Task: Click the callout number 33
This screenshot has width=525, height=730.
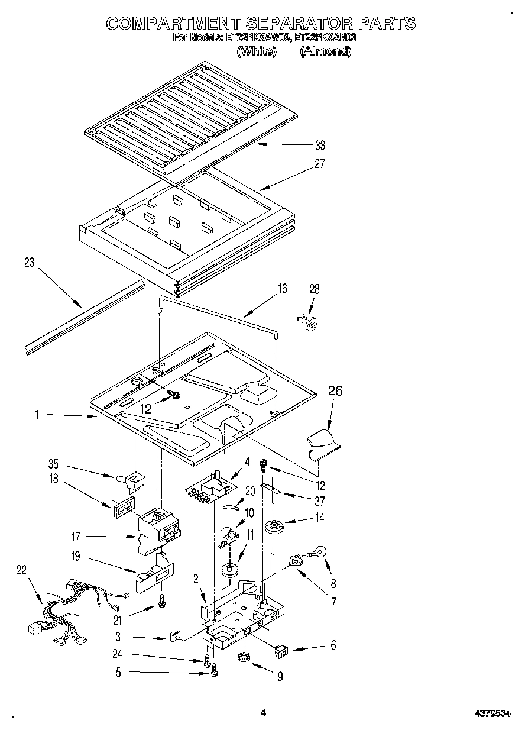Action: tap(320, 146)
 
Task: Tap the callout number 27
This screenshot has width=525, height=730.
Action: tap(320, 164)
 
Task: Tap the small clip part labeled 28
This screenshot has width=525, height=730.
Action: tap(309, 321)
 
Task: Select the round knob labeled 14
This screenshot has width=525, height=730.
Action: tap(273, 525)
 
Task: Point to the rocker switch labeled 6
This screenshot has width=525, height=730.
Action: tap(283, 651)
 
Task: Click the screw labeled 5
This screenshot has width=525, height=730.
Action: tap(215, 670)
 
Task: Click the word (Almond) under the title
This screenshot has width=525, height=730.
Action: tap(325, 51)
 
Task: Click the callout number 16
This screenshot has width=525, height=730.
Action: tap(282, 288)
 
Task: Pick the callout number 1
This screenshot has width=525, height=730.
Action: tap(37, 415)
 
